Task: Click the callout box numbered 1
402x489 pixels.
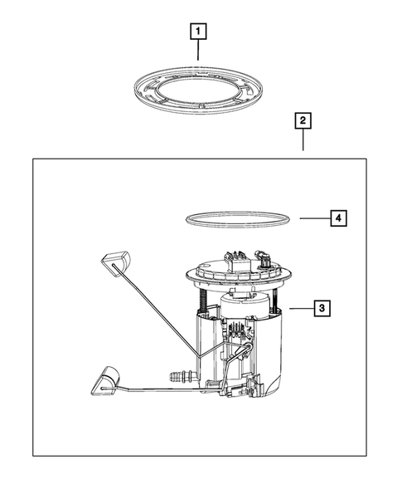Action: (198, 32)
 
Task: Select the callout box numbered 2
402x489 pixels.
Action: (303, 120)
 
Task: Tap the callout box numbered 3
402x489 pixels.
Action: (322, 308)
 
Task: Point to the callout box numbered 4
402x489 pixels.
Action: (338, 218)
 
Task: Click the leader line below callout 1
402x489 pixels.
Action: (198, 50)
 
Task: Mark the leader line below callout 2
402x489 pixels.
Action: (303, 139)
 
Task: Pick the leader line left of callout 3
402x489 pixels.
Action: (302, 309)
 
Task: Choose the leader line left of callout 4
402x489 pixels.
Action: (315, 218)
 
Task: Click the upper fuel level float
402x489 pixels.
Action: (115, 262)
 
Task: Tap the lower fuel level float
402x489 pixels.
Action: (105, 381)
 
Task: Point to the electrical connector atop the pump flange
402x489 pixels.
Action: (237, 261)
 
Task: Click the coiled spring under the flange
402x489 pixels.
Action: (202, 300)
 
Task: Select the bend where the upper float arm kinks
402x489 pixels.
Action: (198, 356)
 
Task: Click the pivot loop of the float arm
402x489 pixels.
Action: (248, 346)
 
